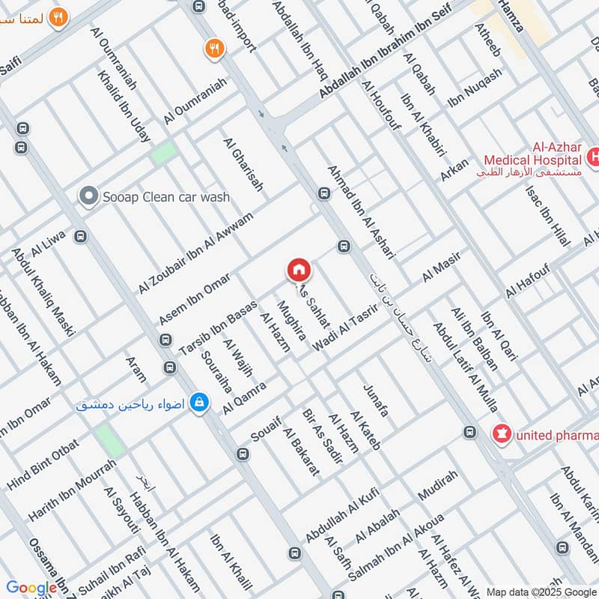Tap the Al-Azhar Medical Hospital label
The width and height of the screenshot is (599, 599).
click(x=532, y=159)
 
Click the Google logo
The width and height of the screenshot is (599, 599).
click(x=31, y=589)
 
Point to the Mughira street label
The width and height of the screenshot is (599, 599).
click(x=291, y=321)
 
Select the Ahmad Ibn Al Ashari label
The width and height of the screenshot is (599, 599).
click(x=360, y=213)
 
